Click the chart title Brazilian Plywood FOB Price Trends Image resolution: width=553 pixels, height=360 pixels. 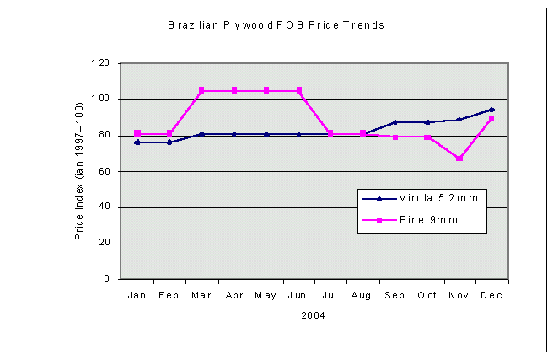tap(276, 25)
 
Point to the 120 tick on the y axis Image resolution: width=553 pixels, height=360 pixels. tap(100, 63)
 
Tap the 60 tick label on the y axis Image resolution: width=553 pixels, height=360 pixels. tap(104, 171)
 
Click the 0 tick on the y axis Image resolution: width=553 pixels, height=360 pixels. tap(106, 279)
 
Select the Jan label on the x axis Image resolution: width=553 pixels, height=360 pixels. tap(137, 296)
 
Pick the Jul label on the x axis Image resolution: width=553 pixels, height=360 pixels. tap(330, 296)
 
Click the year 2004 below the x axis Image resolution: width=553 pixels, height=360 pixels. tap(314, 316)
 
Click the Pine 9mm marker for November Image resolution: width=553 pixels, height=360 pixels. tap(459, 159)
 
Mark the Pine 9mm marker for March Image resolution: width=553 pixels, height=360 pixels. tap(201, 90)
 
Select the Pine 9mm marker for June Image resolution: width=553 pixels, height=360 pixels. tap(298, 90)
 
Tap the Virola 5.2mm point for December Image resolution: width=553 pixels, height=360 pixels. tap(491, 110)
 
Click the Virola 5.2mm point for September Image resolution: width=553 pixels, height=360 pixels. tap(395, 122)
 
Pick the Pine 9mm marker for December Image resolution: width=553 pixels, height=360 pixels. tap(491, 118)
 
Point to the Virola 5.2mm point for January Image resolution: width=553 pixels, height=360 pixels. tap(137, 142)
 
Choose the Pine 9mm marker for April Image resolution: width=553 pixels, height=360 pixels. tap(234, 90)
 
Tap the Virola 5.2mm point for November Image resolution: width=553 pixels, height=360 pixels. tap(459, 120)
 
